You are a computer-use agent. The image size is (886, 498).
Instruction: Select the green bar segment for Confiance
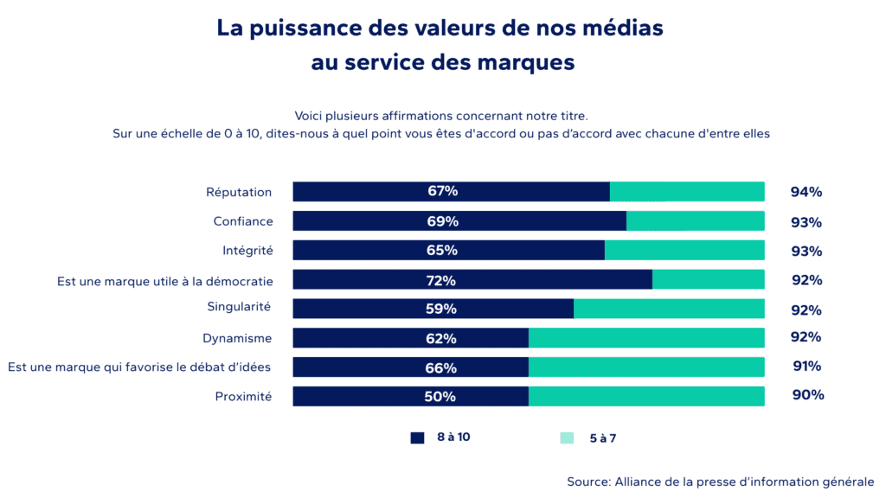tap(695, 221)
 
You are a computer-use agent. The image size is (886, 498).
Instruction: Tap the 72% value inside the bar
tap(441, 280)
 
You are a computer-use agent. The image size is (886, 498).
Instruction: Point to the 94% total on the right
tap(806, 192)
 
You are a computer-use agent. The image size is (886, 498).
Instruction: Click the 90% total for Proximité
tap(807, 395)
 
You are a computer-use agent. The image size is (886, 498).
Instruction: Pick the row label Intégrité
tap(247, 251)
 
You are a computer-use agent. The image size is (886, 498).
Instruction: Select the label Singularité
tap(239, 307)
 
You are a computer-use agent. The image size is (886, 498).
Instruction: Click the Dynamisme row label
tap(237, 338)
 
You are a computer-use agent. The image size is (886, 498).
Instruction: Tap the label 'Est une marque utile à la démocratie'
tap(165, 280)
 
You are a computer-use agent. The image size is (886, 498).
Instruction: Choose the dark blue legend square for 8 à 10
tap(418, 437)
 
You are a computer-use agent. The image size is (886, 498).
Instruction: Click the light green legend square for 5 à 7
tap(567, 437)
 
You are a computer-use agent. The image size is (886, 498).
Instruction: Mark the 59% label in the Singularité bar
tap(441, 309)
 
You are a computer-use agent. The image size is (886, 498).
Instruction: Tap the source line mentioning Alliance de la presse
tap(720, 482)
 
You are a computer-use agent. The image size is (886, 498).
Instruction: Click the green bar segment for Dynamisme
tap(646, 338)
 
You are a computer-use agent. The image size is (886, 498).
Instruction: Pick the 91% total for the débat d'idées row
tap(806, 366)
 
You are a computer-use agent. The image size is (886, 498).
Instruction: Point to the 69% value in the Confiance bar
tap(442, 221)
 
